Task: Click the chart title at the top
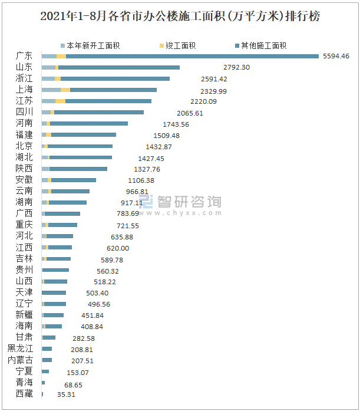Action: tap(180, 17)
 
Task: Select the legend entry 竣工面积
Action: tap(180, 45)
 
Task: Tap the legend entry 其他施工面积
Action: tap(260, 45)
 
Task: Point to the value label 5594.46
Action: tap(333, 56)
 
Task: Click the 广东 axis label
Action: tap(24, 56)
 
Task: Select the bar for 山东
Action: tap(111, 67)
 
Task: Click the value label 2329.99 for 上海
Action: tap(214, 91)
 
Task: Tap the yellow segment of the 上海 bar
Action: tap(65, 90)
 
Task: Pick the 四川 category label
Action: tap(24, 112)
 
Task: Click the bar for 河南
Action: tap(85, 123)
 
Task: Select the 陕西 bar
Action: tap(74, 169)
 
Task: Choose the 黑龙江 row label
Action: tap(20, 348)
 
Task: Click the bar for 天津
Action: tap(54, 292)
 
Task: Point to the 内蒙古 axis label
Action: tap(20, 360)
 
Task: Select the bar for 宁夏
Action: tap(45, 371)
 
